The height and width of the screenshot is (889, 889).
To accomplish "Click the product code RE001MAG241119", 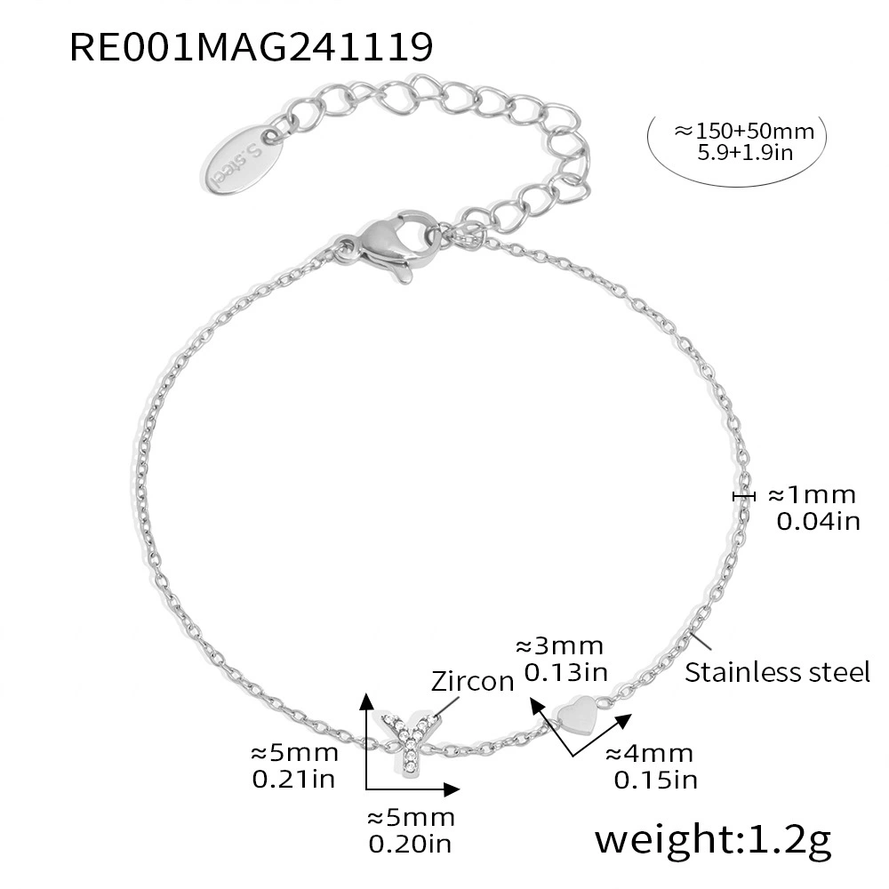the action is pyautogui.click(x=252, y=46).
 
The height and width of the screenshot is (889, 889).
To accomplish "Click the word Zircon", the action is pyautogui.click(x=472, y=681).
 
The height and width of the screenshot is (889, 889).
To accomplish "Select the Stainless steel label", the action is pyautogui.click(x=777, y=672).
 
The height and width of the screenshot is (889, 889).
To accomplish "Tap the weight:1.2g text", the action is pyautogui.click(x=713, y=840).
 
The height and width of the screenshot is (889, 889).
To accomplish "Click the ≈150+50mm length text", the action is pyautogui.click(x=744, y=131).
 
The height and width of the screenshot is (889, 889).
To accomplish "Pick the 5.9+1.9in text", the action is pyautogui.click(x=745, y=153).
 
